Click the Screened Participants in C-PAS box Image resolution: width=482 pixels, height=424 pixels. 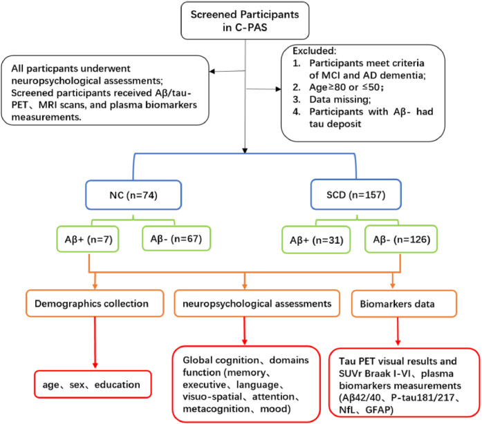pos(245,21)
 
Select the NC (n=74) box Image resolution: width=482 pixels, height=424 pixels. pos(133,195)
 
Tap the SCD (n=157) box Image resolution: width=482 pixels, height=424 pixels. pos(356,195)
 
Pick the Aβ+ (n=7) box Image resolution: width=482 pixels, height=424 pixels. pos(88,239)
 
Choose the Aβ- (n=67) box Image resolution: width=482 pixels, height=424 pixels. pos(176,238)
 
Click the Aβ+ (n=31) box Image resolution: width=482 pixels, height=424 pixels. pos(316,240)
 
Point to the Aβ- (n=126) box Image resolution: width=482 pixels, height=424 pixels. pos(401,239)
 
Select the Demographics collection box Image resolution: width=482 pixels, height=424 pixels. pos(95,303)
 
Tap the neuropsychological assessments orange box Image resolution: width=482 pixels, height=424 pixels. pos(257,303)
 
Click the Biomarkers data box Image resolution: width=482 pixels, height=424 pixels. pos(404,304)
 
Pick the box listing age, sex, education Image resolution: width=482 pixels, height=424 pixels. pos(93,385)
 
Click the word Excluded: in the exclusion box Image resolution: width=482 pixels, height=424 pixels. pos(315,51)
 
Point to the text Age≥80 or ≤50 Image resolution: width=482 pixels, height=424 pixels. pos(346,87)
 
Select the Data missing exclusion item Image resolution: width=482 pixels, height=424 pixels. pos(340,99)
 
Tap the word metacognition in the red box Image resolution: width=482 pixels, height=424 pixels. pos(216,409)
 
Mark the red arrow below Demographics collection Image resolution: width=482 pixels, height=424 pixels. pos(95,343)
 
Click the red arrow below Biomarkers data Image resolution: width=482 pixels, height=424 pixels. pos(398,331)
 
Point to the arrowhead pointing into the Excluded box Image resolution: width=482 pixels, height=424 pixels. pos(279,89)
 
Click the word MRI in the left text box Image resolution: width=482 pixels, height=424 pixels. pos(48,105)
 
